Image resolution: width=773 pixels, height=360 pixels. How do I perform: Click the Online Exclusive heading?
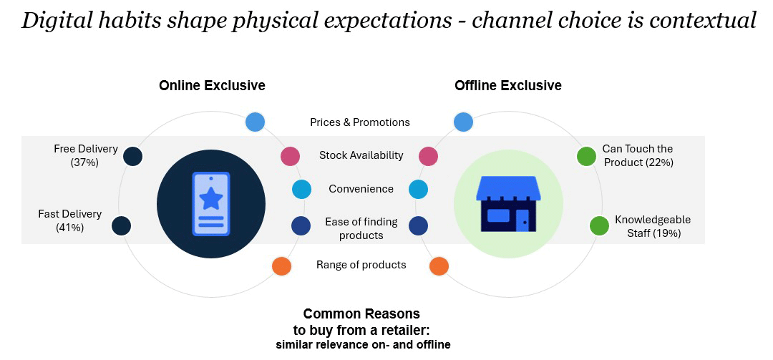tap(212, 85)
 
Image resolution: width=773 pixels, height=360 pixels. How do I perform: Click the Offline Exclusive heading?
tap(507, 85)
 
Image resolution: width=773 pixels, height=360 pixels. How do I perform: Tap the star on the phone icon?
tap(211, 198)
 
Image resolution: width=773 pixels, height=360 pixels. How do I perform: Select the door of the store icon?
tap(523, 220)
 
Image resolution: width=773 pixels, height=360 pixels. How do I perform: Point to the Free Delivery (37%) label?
tap(86, 155)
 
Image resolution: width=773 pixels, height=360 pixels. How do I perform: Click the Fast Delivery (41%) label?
tap(70, 220)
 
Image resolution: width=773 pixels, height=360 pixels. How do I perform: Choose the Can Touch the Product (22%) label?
tap(638, 155)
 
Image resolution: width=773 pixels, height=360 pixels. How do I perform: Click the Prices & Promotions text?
tap(360, 122)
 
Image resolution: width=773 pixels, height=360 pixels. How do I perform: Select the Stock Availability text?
tap(361, 155)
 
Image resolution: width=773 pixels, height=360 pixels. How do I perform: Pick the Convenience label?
tap(361, 189)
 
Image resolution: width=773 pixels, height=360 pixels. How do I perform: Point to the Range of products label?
tap(361, 265)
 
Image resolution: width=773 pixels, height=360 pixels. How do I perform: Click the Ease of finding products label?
tap(361, 228)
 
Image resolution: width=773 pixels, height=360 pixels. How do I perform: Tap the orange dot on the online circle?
tap(282, 266)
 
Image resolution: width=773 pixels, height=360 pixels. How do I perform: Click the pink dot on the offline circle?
tap(429, 156)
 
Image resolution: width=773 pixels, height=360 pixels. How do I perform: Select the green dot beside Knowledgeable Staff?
tap(600, 226)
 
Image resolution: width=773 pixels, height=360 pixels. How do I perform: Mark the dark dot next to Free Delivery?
tap(132, 156)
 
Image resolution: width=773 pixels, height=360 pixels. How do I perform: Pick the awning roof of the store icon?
tap(508, 188)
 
